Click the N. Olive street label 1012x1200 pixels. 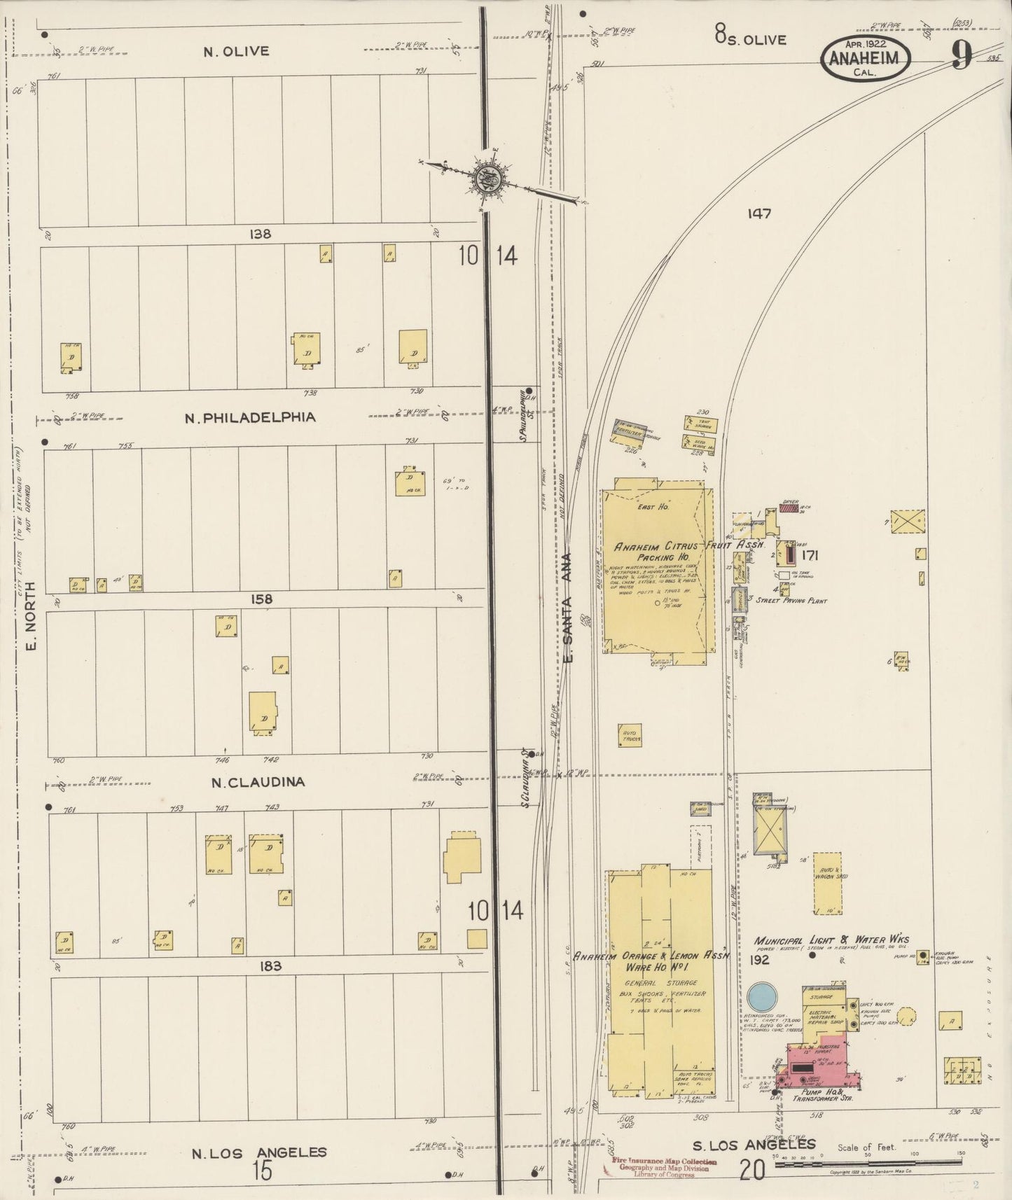click(236, 51)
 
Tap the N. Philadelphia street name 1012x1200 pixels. click(250, 417)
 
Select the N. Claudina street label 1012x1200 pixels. click(258, 782)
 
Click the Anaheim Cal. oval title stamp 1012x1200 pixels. click(867, 57)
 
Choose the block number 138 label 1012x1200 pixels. click(260, 235)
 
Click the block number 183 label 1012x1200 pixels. click(270, 966)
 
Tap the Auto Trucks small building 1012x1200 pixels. click(630, 737)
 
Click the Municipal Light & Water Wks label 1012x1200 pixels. click(831, 940)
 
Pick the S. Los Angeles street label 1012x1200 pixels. click(754, 1145)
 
